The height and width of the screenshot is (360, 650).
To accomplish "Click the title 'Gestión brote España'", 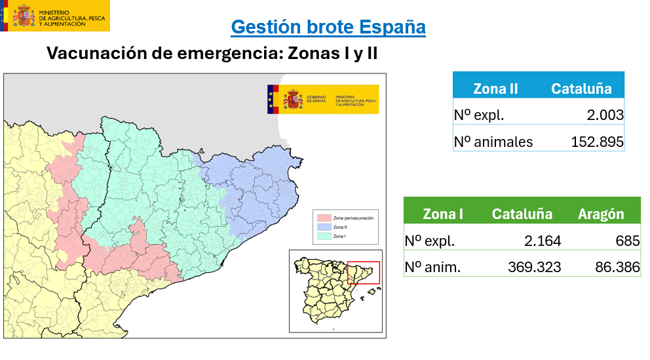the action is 328,27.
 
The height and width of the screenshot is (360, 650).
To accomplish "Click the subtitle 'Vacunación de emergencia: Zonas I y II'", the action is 212,53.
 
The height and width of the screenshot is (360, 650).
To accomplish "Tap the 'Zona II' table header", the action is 495,89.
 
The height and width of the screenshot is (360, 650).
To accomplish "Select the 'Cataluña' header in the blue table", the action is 581,89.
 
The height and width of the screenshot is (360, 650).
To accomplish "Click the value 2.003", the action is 605,115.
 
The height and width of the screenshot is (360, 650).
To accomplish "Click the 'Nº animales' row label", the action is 493,142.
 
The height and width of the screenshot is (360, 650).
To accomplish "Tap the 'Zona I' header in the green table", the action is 443,214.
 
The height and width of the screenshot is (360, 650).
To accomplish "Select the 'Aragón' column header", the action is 601,214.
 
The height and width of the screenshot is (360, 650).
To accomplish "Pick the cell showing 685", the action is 628,241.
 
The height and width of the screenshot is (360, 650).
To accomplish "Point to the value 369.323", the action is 534,267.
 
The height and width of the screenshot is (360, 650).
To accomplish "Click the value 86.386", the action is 613,267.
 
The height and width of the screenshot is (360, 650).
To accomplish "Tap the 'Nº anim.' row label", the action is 433,267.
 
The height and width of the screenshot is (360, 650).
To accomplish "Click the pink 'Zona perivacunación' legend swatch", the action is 324,217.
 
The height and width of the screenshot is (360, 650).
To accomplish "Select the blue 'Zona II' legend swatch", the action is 324,226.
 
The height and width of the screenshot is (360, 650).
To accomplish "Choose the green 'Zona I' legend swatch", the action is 324,236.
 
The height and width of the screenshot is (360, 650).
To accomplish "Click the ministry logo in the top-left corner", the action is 55,16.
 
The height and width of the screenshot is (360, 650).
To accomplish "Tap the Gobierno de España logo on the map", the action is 322,99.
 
